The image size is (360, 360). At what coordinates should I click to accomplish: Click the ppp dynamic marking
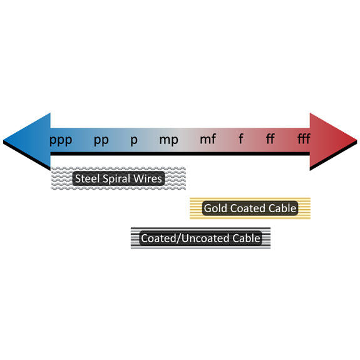(61, 140)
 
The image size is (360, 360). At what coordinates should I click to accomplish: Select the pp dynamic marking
(101, 140)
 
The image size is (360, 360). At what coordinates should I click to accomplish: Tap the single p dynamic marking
(134, 140)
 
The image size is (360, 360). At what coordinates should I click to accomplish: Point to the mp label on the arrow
(169, 140)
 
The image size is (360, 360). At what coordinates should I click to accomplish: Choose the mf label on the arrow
(208, 139)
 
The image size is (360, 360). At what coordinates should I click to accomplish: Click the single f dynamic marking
(240, 139)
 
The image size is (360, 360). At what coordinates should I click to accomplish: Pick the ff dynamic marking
(270, 139)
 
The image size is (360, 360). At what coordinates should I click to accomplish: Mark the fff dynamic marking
(304, 139)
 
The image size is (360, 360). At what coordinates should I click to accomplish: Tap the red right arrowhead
(333, 141)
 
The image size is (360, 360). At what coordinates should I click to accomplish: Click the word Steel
(87, 178)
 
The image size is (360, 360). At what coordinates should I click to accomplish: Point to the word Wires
(148, 178)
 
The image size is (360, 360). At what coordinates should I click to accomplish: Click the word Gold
(216, 208)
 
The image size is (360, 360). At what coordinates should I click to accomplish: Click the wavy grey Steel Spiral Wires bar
(118, 178)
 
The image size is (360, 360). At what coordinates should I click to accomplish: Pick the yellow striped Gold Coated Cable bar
(250, 208)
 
